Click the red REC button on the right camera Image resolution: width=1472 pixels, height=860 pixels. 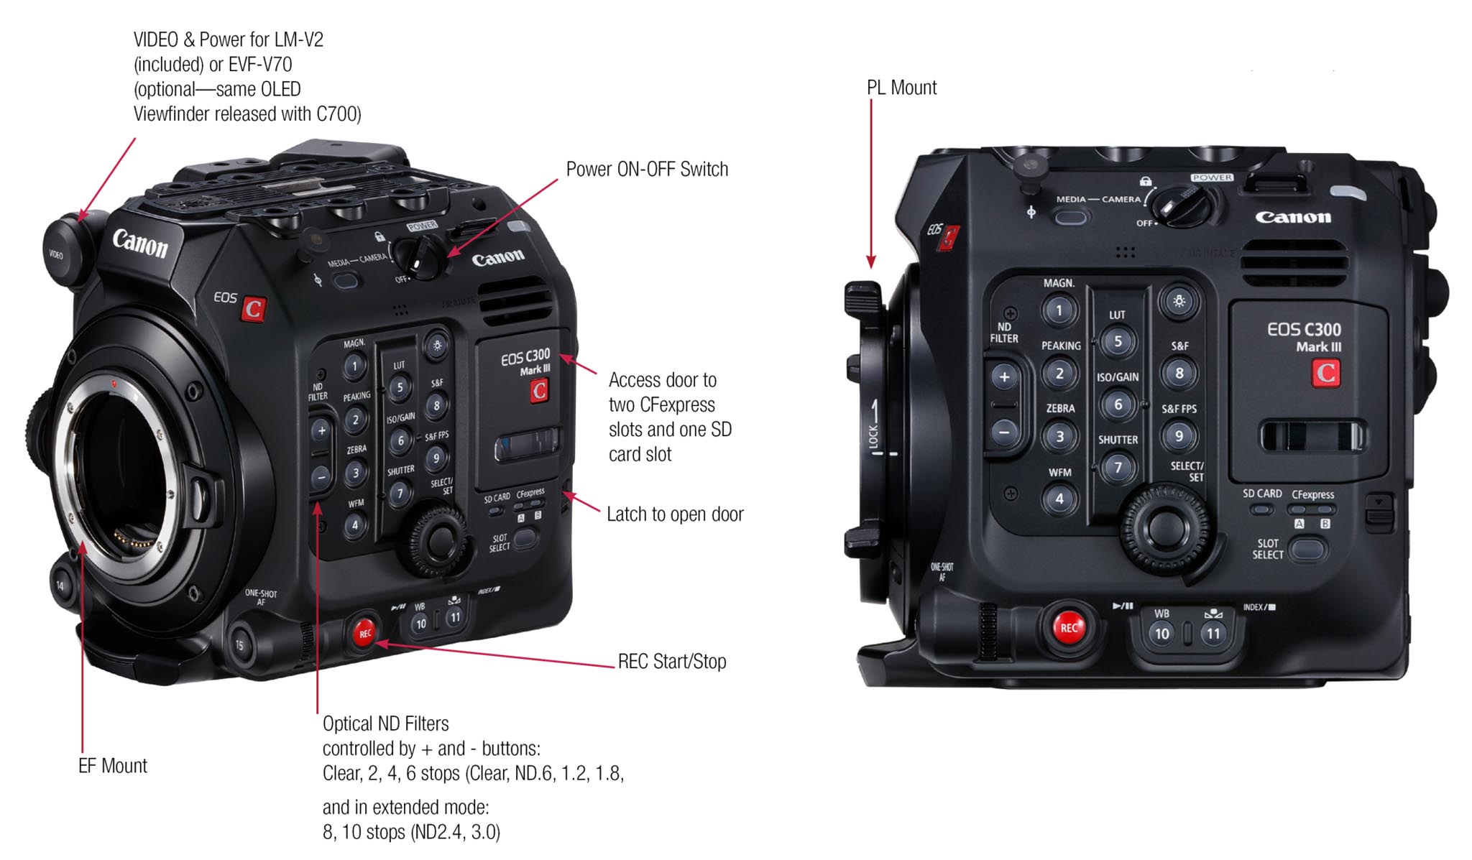[x=1069, y=627]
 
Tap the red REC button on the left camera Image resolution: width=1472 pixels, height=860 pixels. [x=365, y=633]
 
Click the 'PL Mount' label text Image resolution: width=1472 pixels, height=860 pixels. [x=901, y=88]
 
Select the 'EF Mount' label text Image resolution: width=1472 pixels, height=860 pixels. [x=112, y=766]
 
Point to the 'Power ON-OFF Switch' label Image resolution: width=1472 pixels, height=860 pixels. [x=647, y=170]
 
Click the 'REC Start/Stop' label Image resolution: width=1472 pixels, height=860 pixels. [x=672, y=661]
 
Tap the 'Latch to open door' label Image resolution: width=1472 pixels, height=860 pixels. [x=675, y=514]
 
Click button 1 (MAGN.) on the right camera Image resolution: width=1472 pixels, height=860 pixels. [x=1059, y=311]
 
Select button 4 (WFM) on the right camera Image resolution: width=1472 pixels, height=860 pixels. [x=1059, y=499]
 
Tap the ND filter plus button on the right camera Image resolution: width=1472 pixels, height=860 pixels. [x=1004, y=376]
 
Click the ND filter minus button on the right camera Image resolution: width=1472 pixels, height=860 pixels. [x=1004, y=433]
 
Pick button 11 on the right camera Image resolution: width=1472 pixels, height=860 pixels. [x=1213, y=634]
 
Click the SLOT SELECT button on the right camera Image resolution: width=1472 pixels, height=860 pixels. [x=1307, y=550]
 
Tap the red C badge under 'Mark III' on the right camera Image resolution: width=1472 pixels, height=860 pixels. [x=1325, y=373]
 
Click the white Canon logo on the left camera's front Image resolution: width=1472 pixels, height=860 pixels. [x=140, y=244]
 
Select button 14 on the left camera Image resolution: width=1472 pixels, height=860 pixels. [x=60, y=585]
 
